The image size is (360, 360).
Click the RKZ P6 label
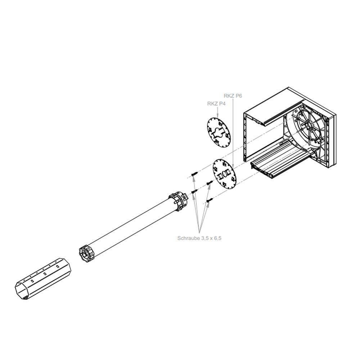click(233, 96)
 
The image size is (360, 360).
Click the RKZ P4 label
click(216, 104)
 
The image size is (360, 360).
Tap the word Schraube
click(189, 238)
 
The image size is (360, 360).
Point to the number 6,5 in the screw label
click(217, 238)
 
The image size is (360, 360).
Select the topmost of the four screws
click(194, 174)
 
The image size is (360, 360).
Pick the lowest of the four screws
click(210, 201)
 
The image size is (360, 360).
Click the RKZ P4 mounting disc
click(219, 132)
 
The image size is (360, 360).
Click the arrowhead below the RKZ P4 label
click(218, 116)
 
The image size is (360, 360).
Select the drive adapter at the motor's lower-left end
click(87, 254)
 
